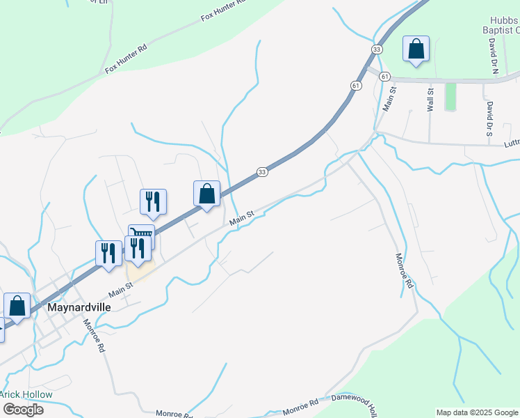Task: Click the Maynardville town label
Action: tap(79, 307)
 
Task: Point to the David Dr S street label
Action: tap(489, 118)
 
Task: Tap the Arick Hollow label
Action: tap(26, 394)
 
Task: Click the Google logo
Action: tap(23, 409)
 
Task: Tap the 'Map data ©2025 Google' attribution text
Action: tap(477, 412)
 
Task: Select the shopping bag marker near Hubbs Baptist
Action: tap(416, 49)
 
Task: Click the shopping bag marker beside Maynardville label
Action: tap(17, 307)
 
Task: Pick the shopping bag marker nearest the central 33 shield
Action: tap(206, 194)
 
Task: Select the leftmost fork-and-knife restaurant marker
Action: tap(108, 254)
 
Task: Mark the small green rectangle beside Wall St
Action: tap(450, 97)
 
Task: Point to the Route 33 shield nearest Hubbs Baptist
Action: tap(377, 49)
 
